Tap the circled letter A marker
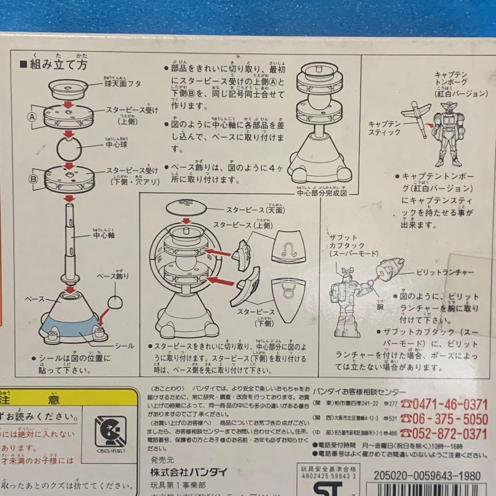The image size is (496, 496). click(x=33, y=116)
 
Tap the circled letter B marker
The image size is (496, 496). click(x=33, y=179)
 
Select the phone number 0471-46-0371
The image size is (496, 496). click(x=444, y=404)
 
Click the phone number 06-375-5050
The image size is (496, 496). click(x=444, y=418)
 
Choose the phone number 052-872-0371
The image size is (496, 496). click(x=444, y=433)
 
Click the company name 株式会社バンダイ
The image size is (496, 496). click(x=188, y=472)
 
